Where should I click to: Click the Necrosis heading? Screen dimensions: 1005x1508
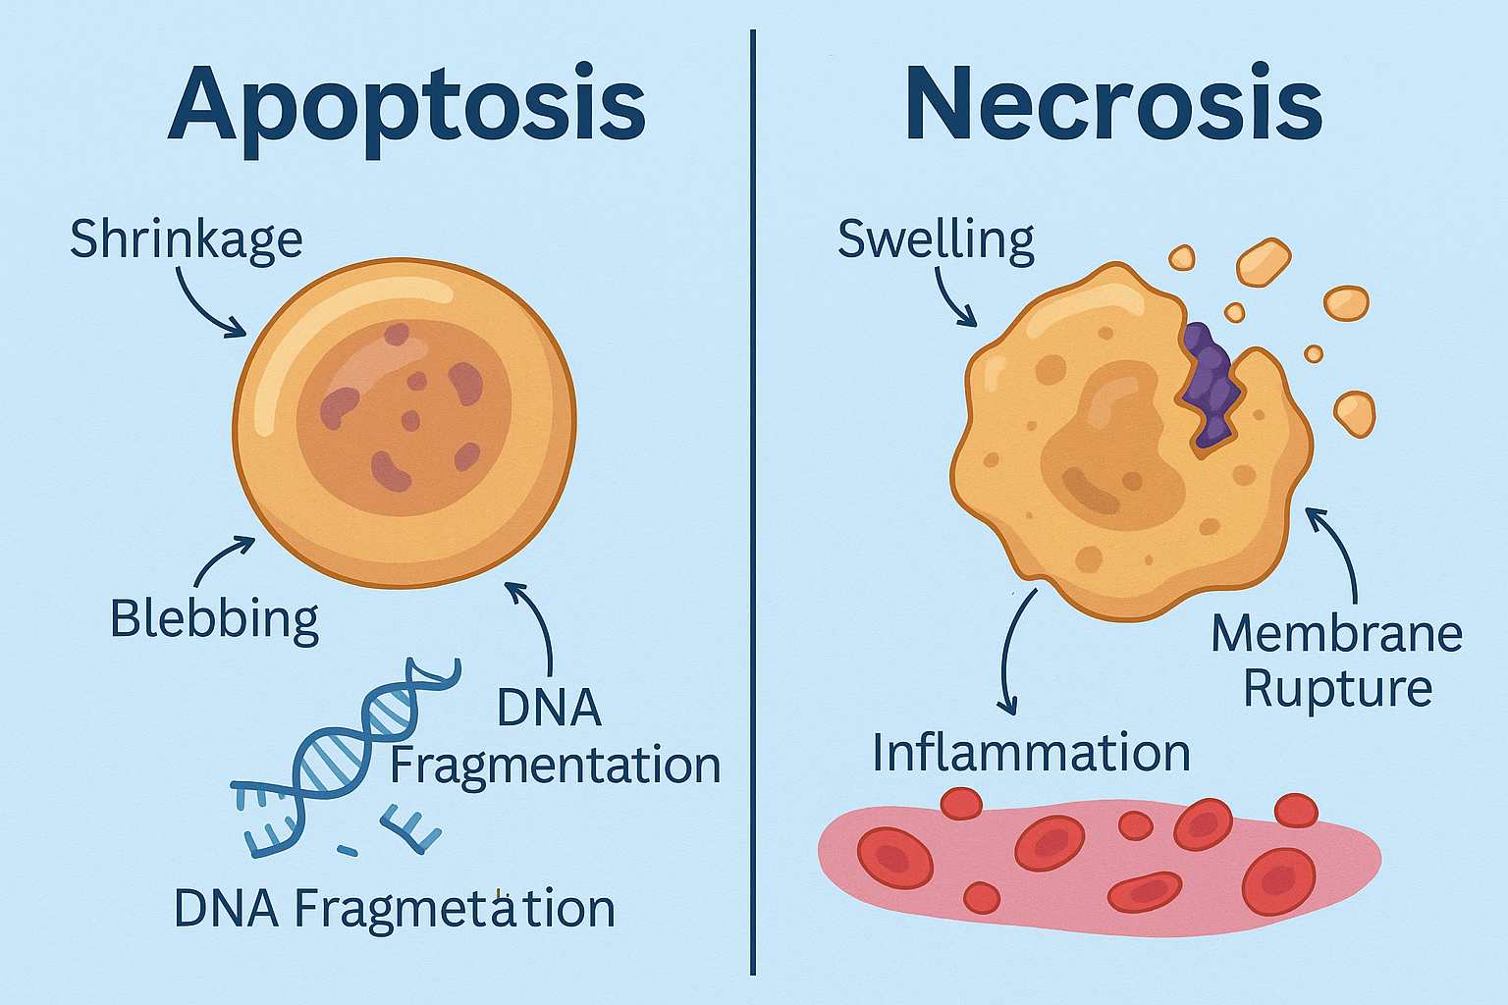[1113, 104]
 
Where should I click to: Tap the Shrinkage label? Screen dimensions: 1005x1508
[186, 238]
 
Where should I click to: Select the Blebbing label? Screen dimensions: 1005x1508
[214, 618]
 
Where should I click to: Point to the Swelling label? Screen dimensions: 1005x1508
[936, 239]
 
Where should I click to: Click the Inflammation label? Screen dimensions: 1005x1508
[1031, 753]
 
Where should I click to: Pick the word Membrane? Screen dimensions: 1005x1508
[1336, 634]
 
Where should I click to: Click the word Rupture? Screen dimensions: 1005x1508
[1337, 688]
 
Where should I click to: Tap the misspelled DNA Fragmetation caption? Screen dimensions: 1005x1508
[394, 908]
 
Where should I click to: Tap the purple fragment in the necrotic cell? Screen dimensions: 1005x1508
[1211, 383]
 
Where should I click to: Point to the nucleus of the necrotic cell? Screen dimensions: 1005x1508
[1109, 442]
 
